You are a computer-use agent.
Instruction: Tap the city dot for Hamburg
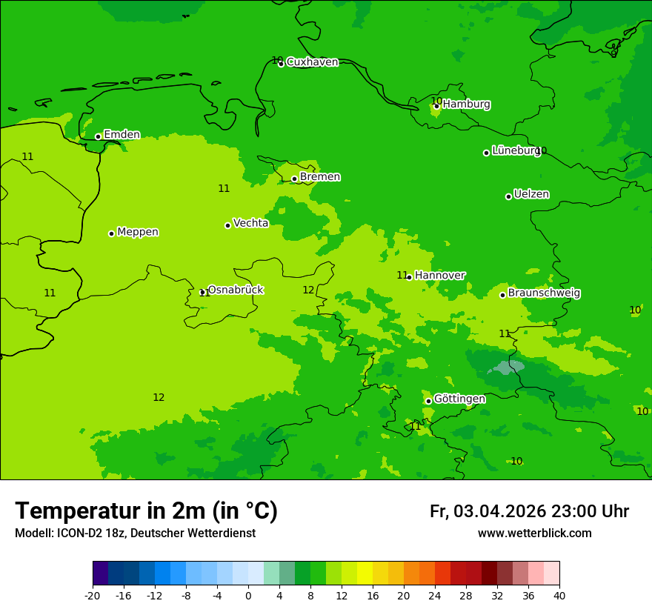(436, 106)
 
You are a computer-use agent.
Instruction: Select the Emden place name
(122, 135)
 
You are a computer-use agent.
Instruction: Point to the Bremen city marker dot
(294, 179)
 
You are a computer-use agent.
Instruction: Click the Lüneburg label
(516, 150)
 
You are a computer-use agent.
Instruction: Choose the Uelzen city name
(531, 194)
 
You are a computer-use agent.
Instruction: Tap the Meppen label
(138, 232)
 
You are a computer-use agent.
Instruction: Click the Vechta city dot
(227, 225)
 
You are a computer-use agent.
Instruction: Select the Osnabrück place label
(235, 290)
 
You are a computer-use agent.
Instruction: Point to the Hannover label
(439, 276)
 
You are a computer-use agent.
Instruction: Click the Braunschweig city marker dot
(502, 295)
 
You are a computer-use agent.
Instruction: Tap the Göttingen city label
(459, 399)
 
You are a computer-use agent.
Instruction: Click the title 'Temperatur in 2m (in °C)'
(146, 511)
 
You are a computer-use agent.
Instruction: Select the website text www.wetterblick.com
(534, 533)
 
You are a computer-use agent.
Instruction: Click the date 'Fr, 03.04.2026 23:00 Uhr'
(529, 511)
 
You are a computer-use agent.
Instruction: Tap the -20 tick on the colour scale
(93, 596)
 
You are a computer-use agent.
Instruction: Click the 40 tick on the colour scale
(559, 596)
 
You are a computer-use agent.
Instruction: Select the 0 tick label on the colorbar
(248, 596)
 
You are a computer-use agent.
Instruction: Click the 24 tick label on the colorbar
(435, 596)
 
